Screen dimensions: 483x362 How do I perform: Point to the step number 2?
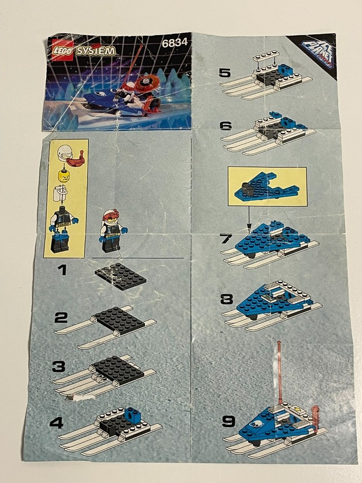(61, 317)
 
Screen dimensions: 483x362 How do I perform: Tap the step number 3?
(58, 367)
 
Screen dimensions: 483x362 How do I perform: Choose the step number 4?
(56, 424)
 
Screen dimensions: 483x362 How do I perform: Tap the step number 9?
(228, 421)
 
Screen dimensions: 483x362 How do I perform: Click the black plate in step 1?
(121, 275)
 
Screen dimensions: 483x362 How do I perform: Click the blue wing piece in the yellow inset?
(271, 189)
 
